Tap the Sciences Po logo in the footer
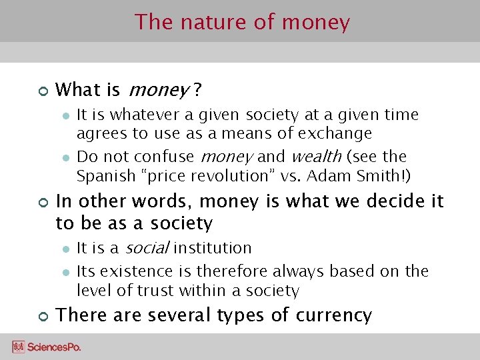point(47,347)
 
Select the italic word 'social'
point(145,248)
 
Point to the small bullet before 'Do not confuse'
point(66,157)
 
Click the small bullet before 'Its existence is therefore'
point(66,272)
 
